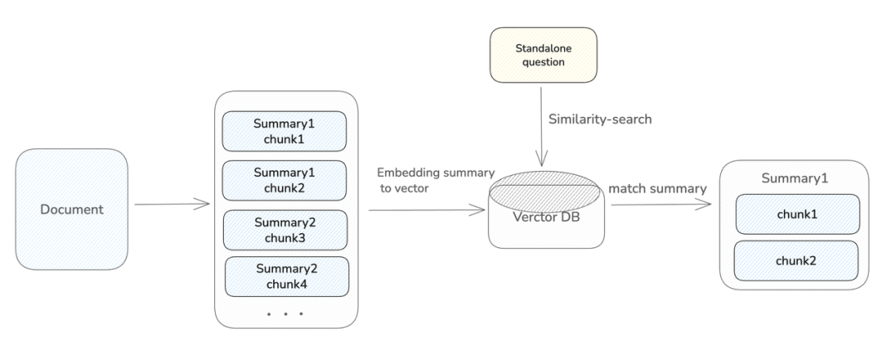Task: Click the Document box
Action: pos(72,208)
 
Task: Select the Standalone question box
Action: pos(543,55)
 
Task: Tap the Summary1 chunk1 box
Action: pos(285,131)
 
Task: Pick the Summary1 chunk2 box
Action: pos(285,180)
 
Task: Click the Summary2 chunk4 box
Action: pos(287,277)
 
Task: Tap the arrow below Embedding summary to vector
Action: pos(426,211)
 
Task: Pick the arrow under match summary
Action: pos(660,204)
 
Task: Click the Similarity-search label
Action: pos(601,119)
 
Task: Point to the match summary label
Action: pos(657,188)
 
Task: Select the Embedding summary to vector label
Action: pos(436,181)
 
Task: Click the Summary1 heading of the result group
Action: pos(795,178)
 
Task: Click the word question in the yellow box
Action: pos(543,62)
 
